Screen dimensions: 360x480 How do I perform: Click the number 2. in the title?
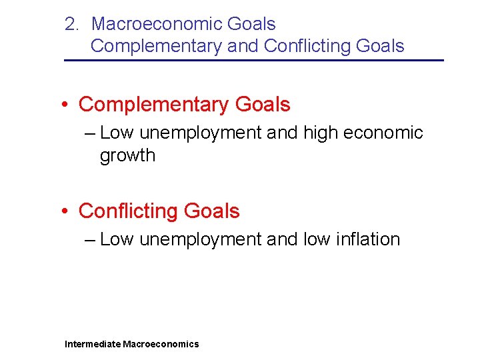72,24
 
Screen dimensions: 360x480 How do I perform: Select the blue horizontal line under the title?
253,61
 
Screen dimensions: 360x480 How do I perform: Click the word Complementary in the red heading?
153,105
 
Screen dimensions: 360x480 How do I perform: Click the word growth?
127,156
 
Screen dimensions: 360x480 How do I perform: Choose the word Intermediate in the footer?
93,344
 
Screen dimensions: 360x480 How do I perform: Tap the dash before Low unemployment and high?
91,133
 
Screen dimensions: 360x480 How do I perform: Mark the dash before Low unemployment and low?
91,239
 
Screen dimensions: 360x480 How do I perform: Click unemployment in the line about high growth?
201,133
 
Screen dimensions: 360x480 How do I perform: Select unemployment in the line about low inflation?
201,239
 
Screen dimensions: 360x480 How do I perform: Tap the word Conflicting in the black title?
307,46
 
